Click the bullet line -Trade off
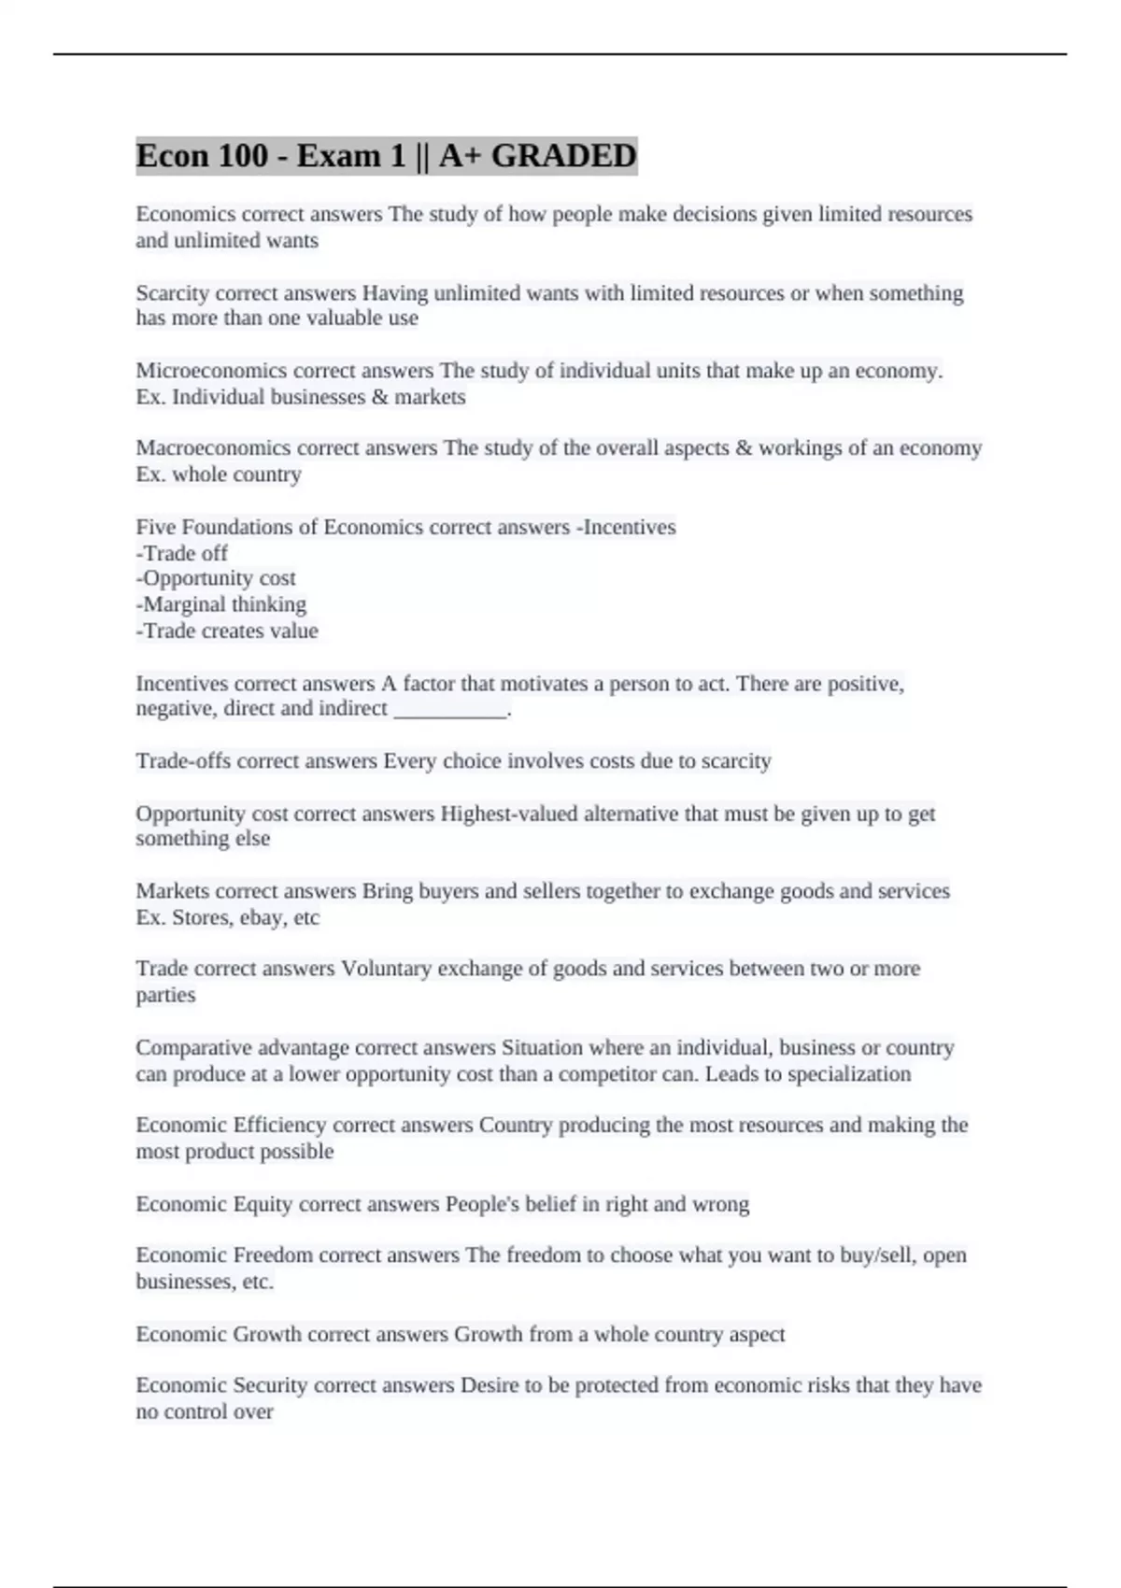tap(182, 553)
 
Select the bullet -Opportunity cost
tap(216, 578)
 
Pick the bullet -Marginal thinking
tap(221, 604)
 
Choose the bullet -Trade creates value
tap(227, 631)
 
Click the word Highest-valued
tap(508, 814)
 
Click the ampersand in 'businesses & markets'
tap(378, 397)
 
